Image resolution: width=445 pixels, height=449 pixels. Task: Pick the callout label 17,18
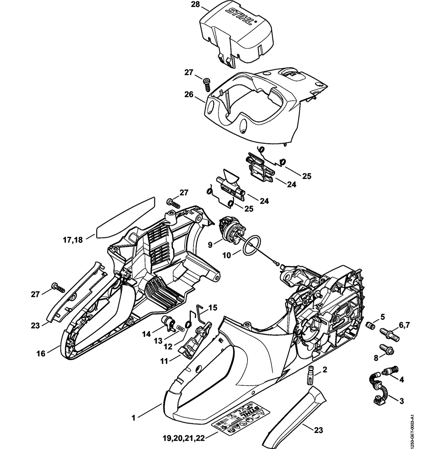[x=72, y=240]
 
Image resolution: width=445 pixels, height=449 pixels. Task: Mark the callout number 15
[x=213, y=307]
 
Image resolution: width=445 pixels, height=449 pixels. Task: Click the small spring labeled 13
[x=181, y=328]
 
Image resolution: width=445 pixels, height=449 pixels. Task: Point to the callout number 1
[x=133, y=417]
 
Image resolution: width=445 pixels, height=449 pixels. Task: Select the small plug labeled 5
[x=368, y=326]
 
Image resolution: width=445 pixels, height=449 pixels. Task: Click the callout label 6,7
[x=404, y=325]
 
